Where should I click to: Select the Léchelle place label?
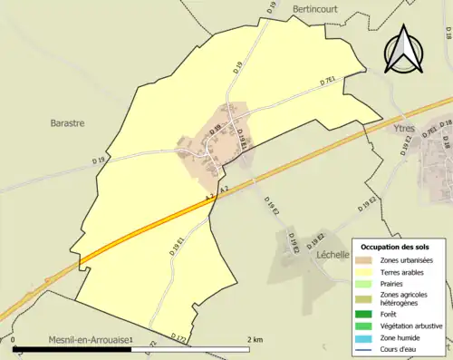tap(333, 255)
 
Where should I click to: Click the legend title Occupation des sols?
tap(402, 247)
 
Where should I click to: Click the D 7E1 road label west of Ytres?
tap(328, 83)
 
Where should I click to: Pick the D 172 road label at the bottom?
tap(178, 338)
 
